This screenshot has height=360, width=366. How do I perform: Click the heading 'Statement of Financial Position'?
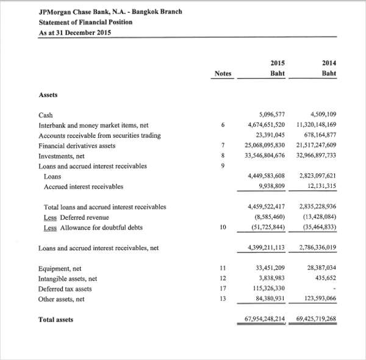point(85,22)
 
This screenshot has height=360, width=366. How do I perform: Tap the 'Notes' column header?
point(223,74)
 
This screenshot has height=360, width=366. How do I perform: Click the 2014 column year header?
point(329,63)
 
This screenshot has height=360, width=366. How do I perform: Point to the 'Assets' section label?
point(48,95)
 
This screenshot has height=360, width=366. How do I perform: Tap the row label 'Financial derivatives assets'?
point(77,145)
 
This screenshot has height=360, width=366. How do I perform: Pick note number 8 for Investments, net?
point(223,156)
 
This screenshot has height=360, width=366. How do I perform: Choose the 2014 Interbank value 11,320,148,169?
point(316,124)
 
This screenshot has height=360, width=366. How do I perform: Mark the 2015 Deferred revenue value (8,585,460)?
point(269,217)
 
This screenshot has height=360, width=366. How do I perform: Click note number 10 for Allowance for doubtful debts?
point(223,228)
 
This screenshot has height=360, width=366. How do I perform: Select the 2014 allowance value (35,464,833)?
point(320,228)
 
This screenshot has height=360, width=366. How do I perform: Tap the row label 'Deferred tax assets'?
point(65,289)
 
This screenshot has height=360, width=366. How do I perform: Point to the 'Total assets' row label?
point(56,319)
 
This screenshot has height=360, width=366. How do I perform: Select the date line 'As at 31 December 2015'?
point(74,32)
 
